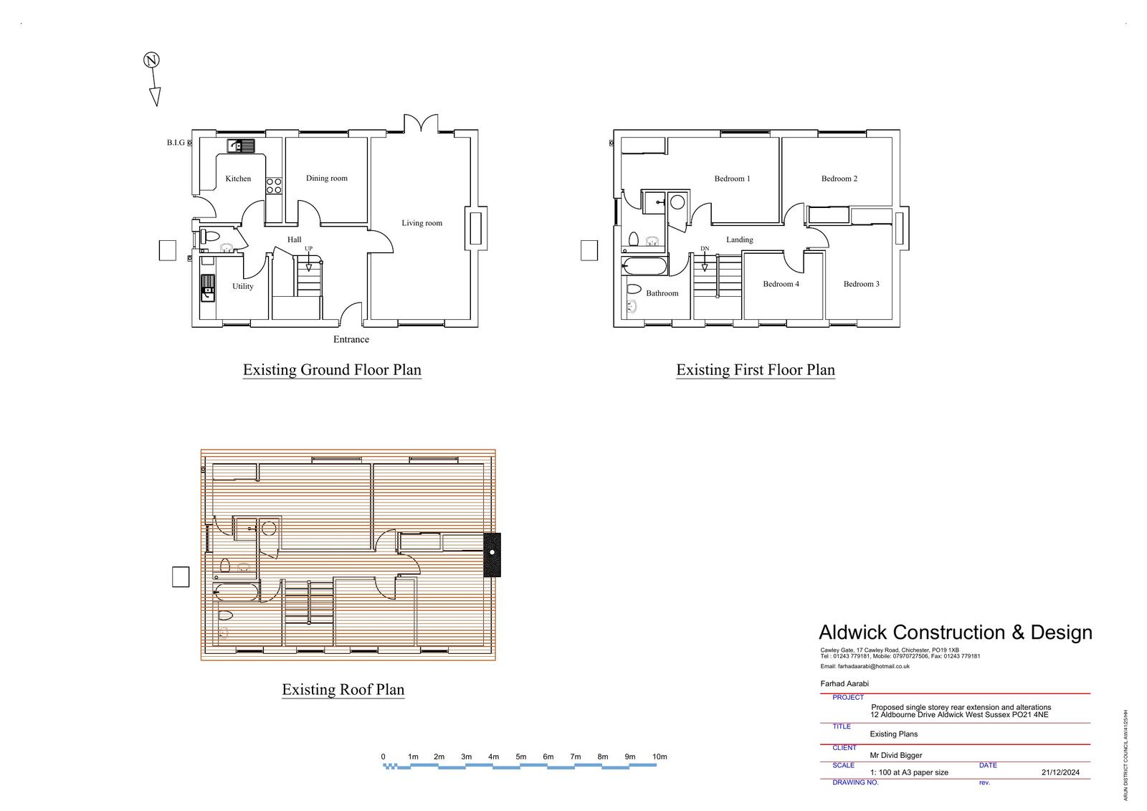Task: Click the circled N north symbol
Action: [151, 60]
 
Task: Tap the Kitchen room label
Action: [238, 179]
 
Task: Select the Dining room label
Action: [327, 179]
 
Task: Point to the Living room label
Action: [422, 223]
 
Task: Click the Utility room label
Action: [243, 286]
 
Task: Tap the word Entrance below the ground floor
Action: [351, 339]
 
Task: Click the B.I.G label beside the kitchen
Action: [176, 143]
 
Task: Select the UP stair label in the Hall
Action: [308, 249]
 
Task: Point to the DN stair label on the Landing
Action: [705, 249]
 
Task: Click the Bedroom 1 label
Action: [732, 179]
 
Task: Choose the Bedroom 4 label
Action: [781, 284]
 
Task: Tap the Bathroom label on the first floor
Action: [662, 293]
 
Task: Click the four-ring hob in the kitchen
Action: [274, 186]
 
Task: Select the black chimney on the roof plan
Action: [492, 555]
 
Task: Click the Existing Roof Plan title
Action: [343, 690]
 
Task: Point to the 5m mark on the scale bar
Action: [520, 757]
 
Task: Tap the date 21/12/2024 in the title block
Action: [1060, 772]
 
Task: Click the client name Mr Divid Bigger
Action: [895, 755]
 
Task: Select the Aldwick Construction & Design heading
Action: [956, 632]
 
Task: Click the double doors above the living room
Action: [421, 123]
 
